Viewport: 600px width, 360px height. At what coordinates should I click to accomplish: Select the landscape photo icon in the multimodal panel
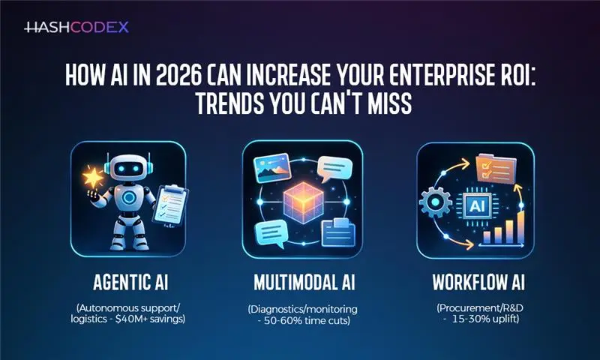tap(269, 168)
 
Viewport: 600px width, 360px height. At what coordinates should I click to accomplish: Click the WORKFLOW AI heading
tap(475, 285)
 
